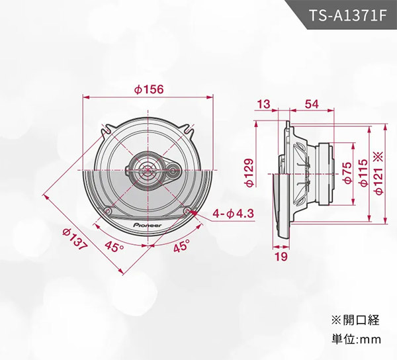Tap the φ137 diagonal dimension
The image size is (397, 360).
pyautogui.click(x=75, y=240)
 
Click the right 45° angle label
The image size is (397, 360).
pyautogui.click(x=181, y=247)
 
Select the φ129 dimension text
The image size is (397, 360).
pyautogui.click(x=249, y=171)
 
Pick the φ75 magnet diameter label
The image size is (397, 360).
pyautogui.click(x=347, y=171)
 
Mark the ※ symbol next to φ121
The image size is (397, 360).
pyautogui.click(x=378, y=157)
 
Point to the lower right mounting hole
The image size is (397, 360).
pyautogui.click(x=191, y=212)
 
